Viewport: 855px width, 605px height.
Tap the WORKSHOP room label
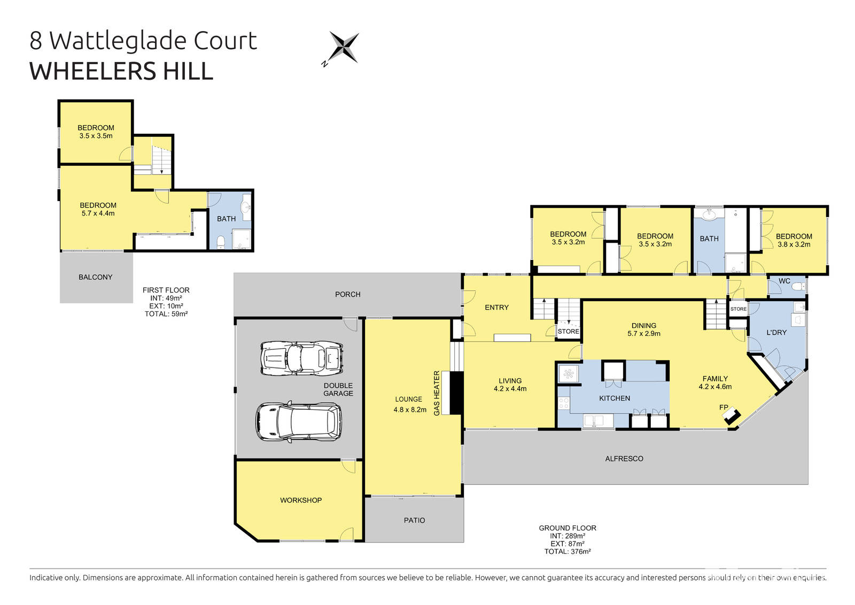pos(301,500)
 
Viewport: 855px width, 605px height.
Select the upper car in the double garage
pos(301,357)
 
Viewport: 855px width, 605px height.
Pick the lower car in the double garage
pos(299,422)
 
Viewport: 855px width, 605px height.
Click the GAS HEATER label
pos(437,393)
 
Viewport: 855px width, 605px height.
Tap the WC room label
pos(784,281)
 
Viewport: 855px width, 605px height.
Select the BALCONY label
pos(96,277)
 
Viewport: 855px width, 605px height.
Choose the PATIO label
pos(415,520)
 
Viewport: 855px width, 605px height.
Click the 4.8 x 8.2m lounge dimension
pos(410,410)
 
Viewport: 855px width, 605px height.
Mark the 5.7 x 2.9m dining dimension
pos(644,333)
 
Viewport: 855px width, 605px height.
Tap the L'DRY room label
pos(776,332)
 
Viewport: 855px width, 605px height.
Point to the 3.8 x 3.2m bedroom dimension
pos(794,244)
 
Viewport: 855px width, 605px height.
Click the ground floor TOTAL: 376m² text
pos(568,552)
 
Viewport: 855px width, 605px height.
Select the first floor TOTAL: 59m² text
pos(166,314)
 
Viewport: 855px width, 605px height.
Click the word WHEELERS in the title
pos(84,72)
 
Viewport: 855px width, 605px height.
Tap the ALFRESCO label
pos(624,458)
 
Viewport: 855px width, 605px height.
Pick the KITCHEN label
pos(615,398)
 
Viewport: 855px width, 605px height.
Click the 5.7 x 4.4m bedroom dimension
pos(98,213)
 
